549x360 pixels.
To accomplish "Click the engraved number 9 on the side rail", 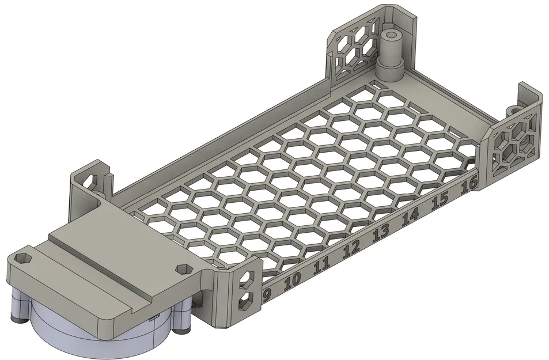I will tap(266, 294).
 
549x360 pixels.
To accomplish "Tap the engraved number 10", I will tap(293, 280).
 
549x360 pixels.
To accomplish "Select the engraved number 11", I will tap(321, 265).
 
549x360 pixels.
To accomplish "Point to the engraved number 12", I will tap(351, 249).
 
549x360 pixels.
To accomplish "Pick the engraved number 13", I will tap(380, 233).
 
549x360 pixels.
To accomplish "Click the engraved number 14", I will tap(410, 217).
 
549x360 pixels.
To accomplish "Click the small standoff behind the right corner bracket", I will tap(512, 108).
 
